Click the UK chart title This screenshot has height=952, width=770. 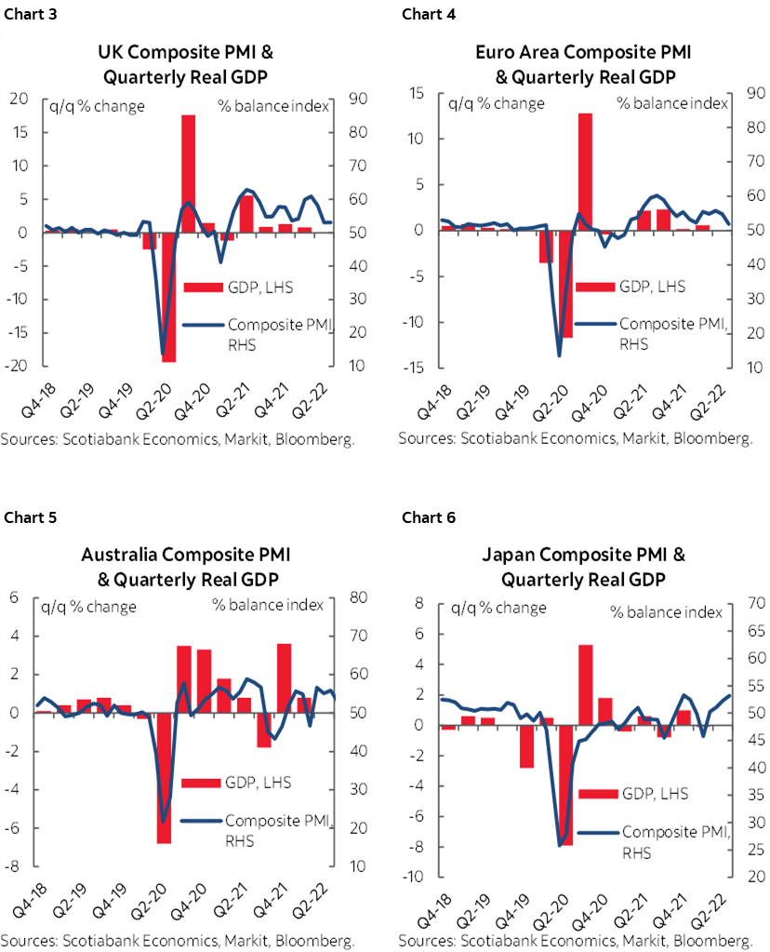click(x=186, y=63)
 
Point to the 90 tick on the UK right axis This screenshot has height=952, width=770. click(x=357, y=99)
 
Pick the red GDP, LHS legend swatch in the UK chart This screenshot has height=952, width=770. click(x=205, y=288)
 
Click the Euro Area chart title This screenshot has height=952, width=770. click(x=583, y=63)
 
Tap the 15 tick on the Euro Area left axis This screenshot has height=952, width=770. click(x=415, y=93)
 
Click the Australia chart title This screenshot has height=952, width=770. click(x=186, y=567)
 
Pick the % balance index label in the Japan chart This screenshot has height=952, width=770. click(x=666, y=611)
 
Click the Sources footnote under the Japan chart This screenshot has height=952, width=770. click(x=575, y=942)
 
